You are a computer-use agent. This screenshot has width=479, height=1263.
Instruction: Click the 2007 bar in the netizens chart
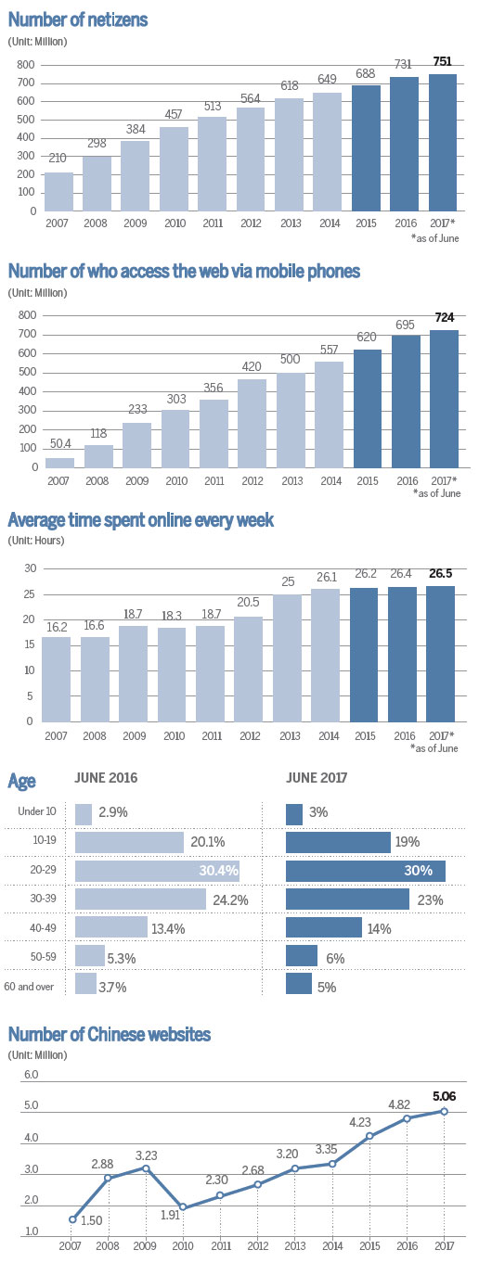[x=58, y=191]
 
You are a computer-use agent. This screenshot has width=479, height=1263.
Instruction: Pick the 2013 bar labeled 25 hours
[x=290, y=658]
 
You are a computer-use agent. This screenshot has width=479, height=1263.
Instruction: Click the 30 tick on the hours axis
[x=28, y=568]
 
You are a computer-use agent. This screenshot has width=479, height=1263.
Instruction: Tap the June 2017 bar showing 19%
[x=338, y=842]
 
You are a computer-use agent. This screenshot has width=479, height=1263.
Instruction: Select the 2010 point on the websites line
[x=185, y=1206]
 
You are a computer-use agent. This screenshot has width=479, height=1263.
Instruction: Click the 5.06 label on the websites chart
[x=444, y=1095]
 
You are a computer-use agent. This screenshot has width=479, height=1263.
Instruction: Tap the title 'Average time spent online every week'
[x=141, y=520]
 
